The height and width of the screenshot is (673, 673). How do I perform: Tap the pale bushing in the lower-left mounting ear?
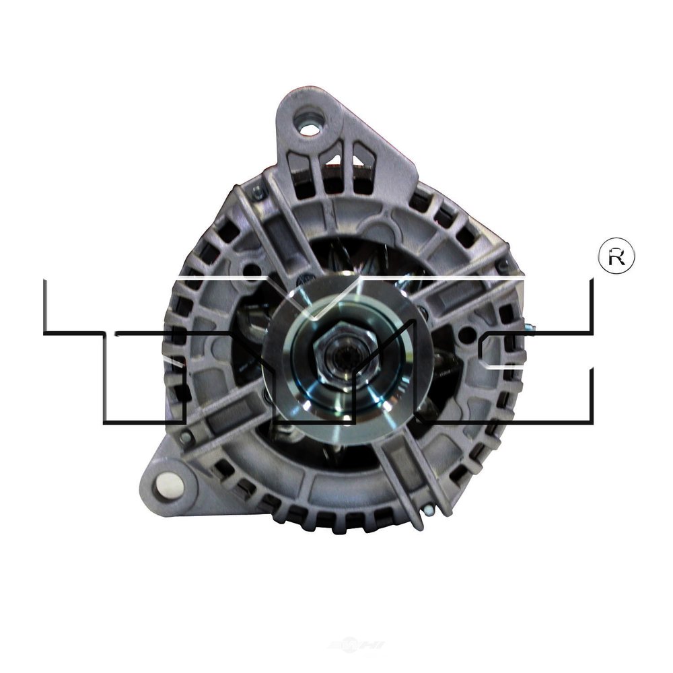(164, 482)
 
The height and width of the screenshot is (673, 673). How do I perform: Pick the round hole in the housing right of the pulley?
(463, 332)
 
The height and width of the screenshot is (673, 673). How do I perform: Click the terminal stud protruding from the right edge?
(530, 328)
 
